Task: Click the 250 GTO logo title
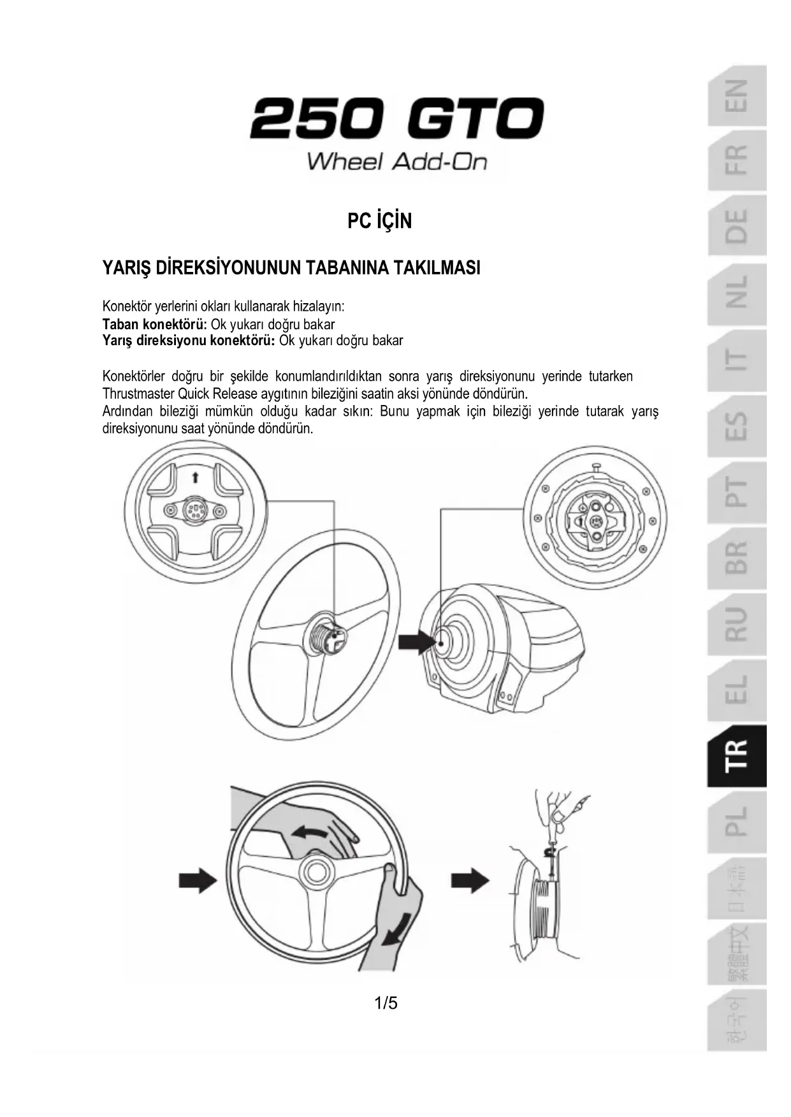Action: (396, 119)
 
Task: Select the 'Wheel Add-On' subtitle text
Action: (396, 161)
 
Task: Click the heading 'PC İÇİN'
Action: (379, 221)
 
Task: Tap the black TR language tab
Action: (736, 756)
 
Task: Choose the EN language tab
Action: (736, 96)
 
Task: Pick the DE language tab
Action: (736, 227)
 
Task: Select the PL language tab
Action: (736, 822)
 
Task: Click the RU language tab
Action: (736, 624)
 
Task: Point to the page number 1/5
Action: (386, 1004)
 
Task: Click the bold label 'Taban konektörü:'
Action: (155, 324)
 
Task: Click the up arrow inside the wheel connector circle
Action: (196, 476)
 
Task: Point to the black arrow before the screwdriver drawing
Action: (470, 881)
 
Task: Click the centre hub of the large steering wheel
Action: (327, 635)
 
